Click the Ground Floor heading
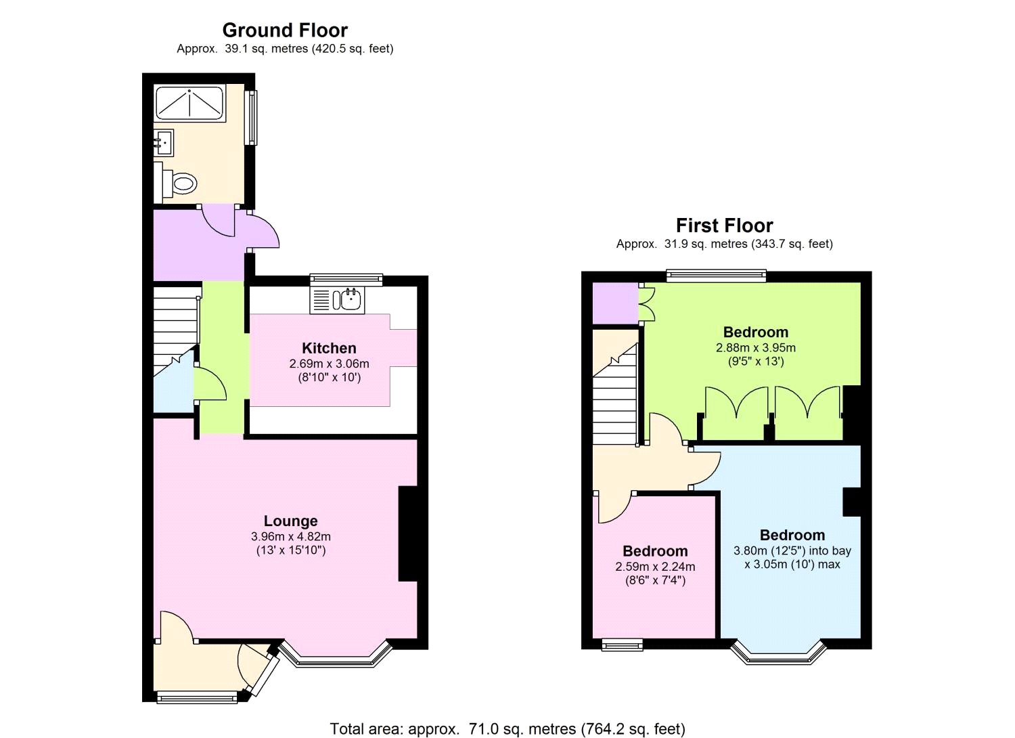click(x=285, y=30)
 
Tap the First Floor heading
click(x=724, y=225)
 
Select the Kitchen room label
click(x=329, y=348)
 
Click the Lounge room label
click(x=290, y=521)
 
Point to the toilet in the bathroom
click(x=180, y=181)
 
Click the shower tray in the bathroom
click(x=190, y=102)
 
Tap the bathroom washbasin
click(x=164, y=142)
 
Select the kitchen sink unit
click(x=338, y=299)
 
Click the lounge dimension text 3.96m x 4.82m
click(x=290, y=536)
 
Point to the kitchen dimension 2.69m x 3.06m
click(x=329, y=364)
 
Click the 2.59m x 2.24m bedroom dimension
click(x=655, y=567)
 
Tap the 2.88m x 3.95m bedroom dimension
click(x=756, y=348)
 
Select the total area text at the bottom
click(x=507, y=729)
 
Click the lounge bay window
click(x=336, y=655)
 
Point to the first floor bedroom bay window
click(x=779, y=653)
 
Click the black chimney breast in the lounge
click(x=408, y=534)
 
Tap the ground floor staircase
click(x=175, y=325)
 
